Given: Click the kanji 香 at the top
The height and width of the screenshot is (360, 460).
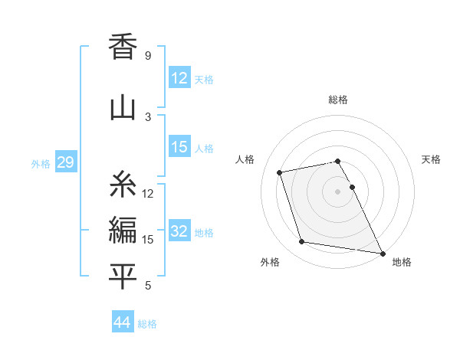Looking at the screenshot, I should point(123,48).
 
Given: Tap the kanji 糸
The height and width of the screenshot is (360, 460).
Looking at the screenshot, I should point(123,185).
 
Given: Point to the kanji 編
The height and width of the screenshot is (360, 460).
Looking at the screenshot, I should point(123,231).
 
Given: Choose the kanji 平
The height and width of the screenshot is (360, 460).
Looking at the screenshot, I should point(123,277).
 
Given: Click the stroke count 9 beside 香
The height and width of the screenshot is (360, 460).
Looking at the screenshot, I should point(147,56).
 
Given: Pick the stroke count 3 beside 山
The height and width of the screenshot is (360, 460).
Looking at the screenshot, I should point(147,117).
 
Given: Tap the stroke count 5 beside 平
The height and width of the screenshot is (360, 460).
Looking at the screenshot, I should point(147,286).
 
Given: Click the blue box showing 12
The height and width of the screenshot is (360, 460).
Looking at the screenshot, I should point(179,78).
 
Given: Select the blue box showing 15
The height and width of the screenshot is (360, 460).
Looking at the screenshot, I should point(179,147).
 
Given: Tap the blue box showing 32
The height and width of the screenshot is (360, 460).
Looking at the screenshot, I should point(179,231).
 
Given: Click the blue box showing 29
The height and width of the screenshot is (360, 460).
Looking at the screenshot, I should point(65,162).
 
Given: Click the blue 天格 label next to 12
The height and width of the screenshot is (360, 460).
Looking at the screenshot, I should point(204,79).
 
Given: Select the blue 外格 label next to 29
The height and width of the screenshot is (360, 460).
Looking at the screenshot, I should point(41,163).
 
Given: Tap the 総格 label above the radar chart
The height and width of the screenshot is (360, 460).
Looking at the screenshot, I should point(338,100).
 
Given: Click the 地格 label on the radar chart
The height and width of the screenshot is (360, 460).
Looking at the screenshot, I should point(402,262).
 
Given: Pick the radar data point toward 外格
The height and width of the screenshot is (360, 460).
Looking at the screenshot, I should point(302,242).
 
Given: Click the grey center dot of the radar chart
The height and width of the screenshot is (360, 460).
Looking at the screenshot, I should point(338,191).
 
